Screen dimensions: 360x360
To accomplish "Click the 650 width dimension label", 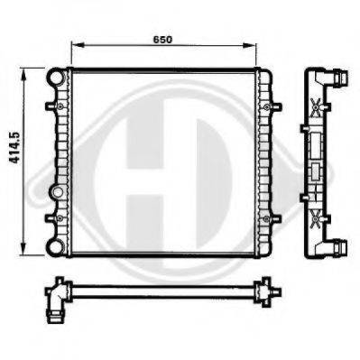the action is (162, 40).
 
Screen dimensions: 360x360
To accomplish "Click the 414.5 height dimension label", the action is (14, 148).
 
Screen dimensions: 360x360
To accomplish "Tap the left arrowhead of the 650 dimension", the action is (78, 45).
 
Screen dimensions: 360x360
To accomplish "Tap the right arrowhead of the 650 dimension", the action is (249, 45).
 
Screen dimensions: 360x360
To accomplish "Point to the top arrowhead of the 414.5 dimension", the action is (23, 74).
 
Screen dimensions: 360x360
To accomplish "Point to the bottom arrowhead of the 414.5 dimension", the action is (23, 249).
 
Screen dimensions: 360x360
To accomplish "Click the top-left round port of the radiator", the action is (56, 78).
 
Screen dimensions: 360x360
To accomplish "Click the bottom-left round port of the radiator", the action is (56, 247).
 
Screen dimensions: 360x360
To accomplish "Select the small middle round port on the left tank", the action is (57, 191).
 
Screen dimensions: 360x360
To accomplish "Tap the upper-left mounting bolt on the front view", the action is (60, 106).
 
